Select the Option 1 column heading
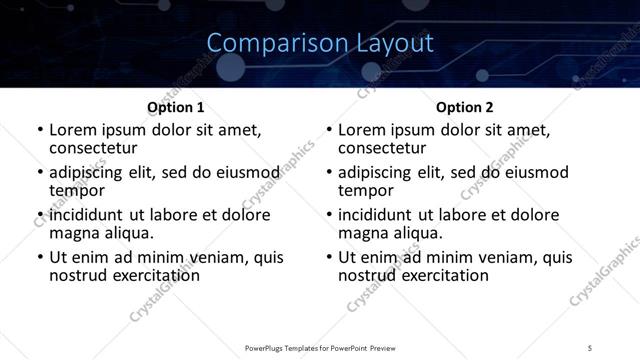pyautogui.click(x=175, y=107)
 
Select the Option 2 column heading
pyautogui.click(x=464, y=107)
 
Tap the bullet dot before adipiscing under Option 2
pyautogui.click(x=328, y=173)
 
